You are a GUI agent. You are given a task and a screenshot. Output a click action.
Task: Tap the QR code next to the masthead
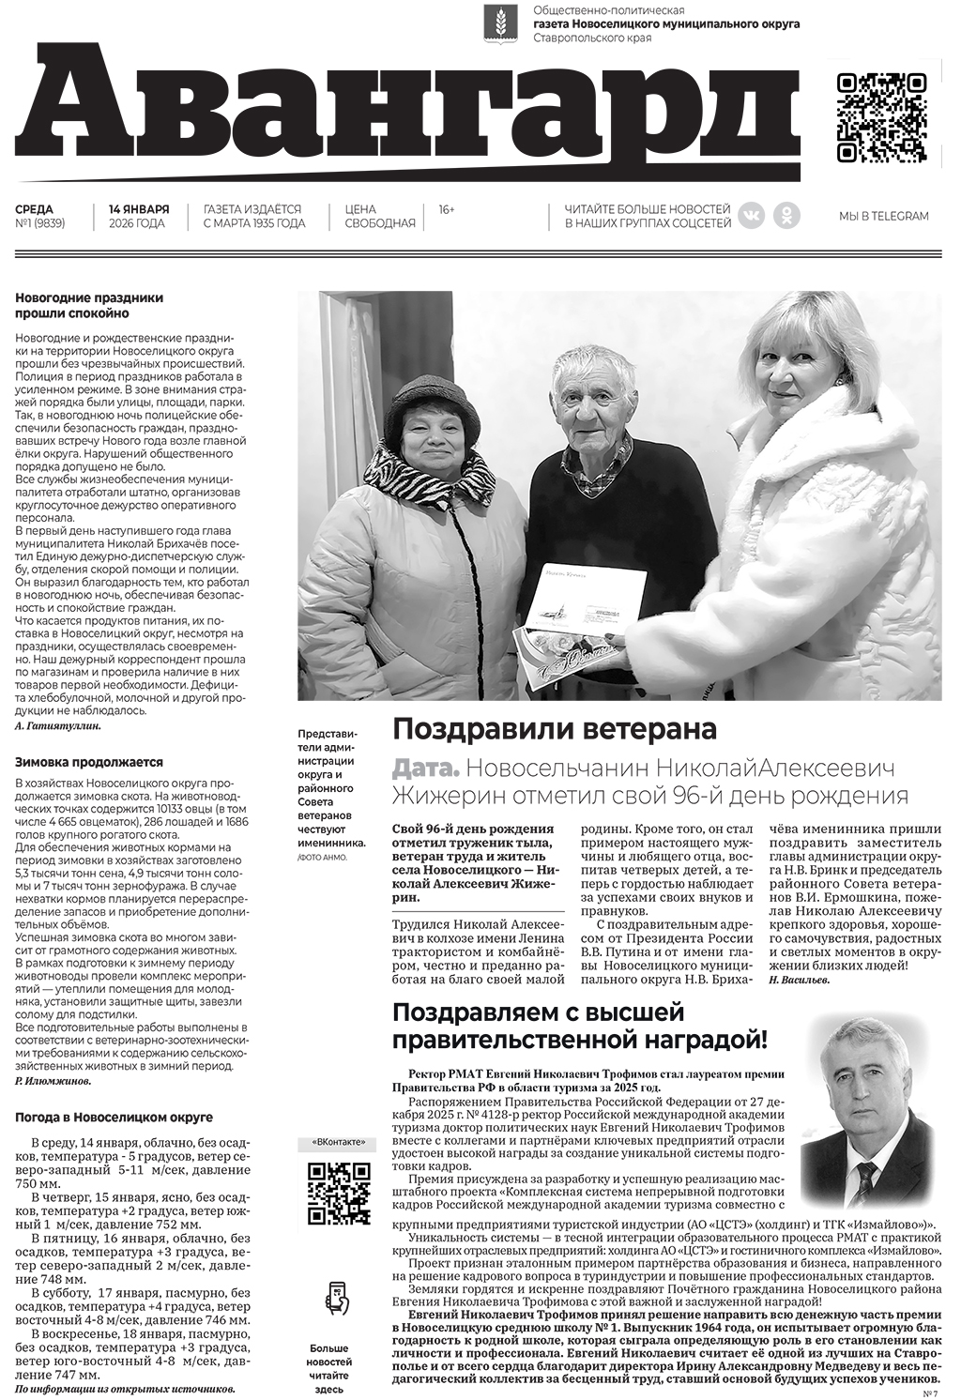(881, 117)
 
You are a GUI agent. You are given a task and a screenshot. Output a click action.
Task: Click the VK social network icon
(751, 216)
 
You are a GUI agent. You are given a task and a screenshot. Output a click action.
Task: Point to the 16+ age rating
(447, 209)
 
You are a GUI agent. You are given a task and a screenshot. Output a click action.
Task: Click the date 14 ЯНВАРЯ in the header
(138, 209)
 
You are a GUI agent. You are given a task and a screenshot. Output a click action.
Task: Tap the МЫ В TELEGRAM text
(883, 217)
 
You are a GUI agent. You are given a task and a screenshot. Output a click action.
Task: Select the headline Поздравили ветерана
(554, 729)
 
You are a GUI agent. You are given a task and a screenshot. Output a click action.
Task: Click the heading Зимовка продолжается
(89, 763)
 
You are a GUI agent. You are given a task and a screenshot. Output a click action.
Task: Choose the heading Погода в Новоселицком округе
(114, 1118)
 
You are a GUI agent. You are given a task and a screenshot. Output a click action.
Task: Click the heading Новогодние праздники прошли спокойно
(89, 306)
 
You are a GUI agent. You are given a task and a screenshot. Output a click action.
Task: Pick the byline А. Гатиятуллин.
(58, 725)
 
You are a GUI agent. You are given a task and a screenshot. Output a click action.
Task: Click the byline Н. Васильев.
(798, 980)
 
